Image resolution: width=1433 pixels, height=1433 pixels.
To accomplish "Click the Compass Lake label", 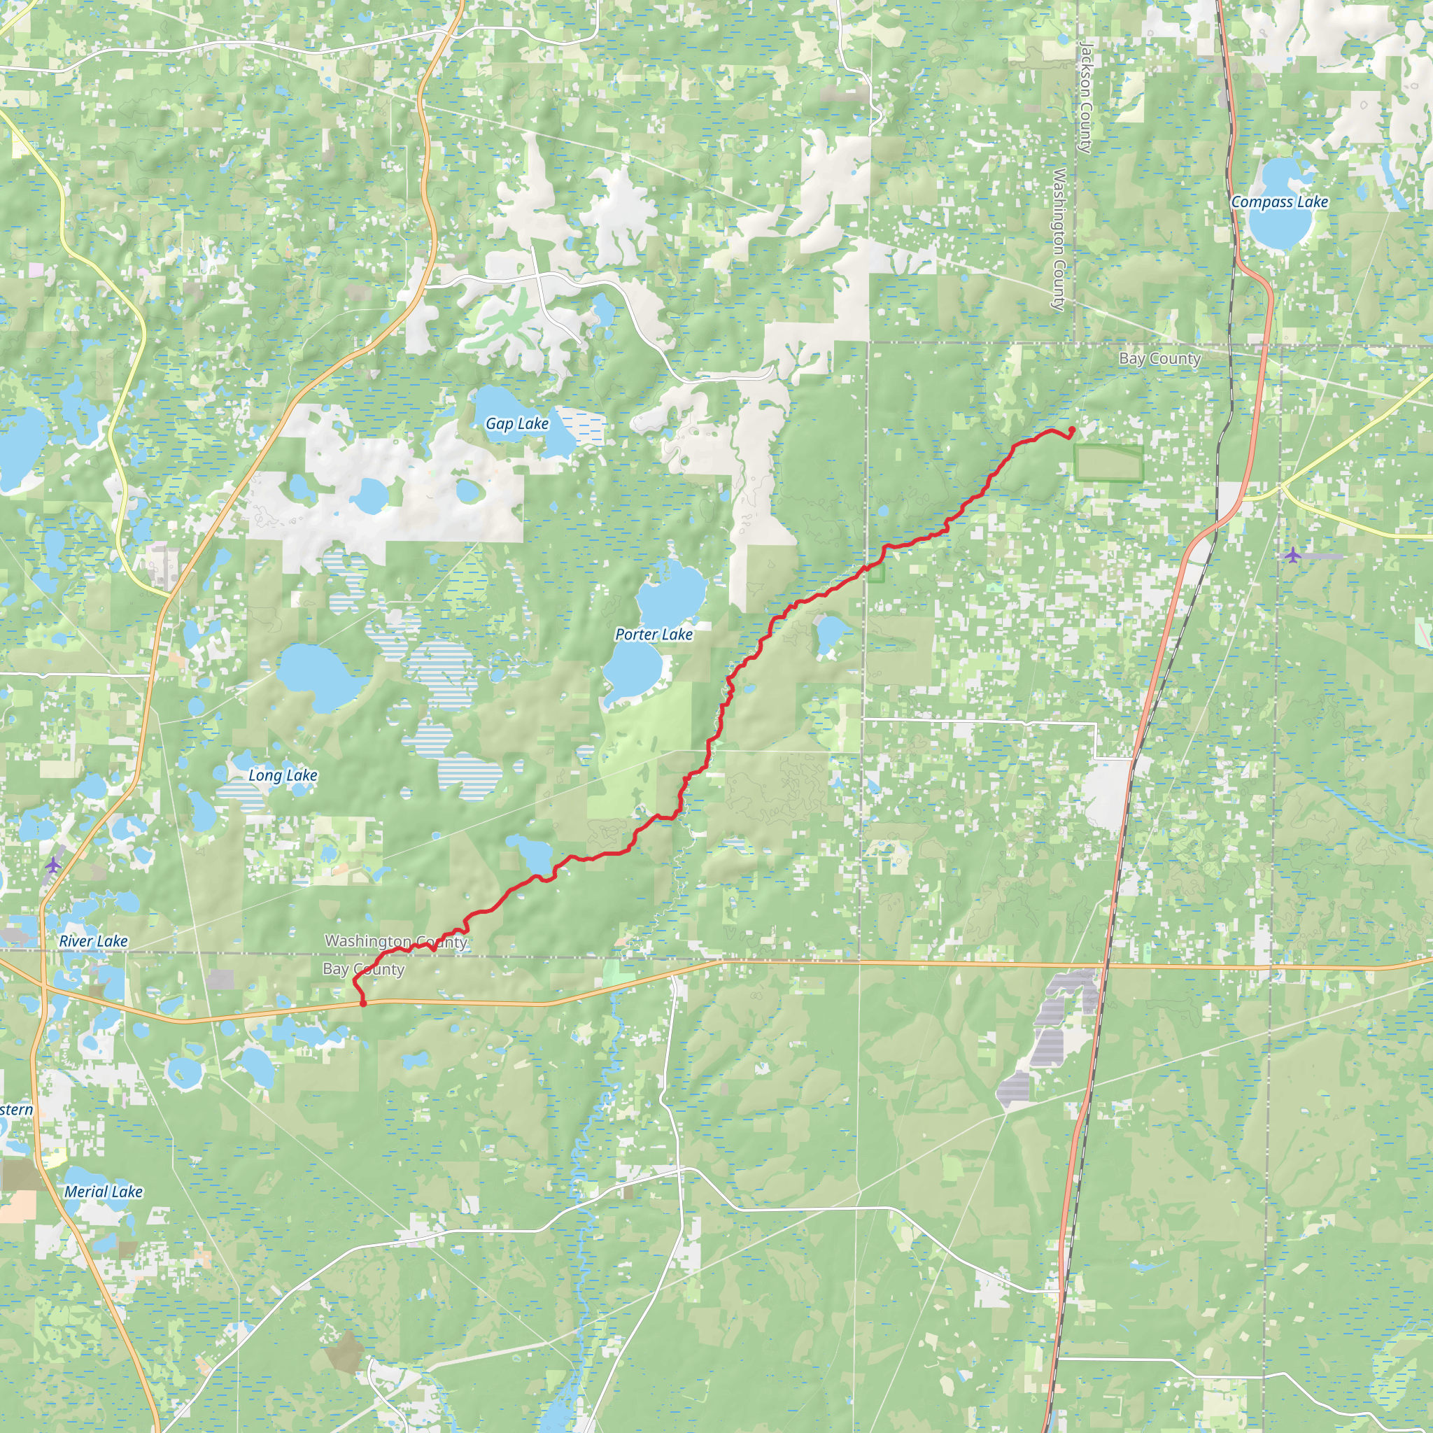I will pos(1280,202).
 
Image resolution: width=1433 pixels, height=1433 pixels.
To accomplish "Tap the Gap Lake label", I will pos(517,423).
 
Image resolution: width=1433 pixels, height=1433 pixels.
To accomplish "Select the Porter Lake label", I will pos(654,634).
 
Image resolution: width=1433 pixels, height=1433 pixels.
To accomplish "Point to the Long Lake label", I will pos(283,775).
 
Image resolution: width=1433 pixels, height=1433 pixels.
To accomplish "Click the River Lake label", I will pos(94,941).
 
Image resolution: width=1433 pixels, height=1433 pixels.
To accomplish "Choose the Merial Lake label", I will pos(103,1191).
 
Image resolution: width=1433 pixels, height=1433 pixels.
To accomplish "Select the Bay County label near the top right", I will pos(1159,359).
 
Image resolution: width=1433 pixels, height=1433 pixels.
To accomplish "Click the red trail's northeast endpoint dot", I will pos(1072,430).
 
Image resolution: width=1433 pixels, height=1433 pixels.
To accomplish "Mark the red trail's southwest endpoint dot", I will pos(362,1003).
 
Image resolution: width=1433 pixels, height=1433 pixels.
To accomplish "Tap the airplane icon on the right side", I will pos(1293,555).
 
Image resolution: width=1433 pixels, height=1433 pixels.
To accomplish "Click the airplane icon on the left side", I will pos(52,864).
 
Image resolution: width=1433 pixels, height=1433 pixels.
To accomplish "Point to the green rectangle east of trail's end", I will pos(1109,465).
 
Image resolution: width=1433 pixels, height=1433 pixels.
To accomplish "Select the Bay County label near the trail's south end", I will pos(363,969).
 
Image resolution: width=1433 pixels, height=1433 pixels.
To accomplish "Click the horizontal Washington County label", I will pos(396,941).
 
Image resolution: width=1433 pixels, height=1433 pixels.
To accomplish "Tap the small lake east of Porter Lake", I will pos(830,635).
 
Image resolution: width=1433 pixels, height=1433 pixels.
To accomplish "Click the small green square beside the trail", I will pos(876,573).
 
